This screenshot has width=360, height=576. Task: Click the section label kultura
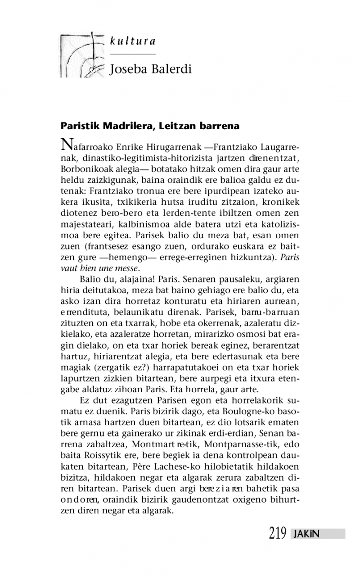(132, 41)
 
